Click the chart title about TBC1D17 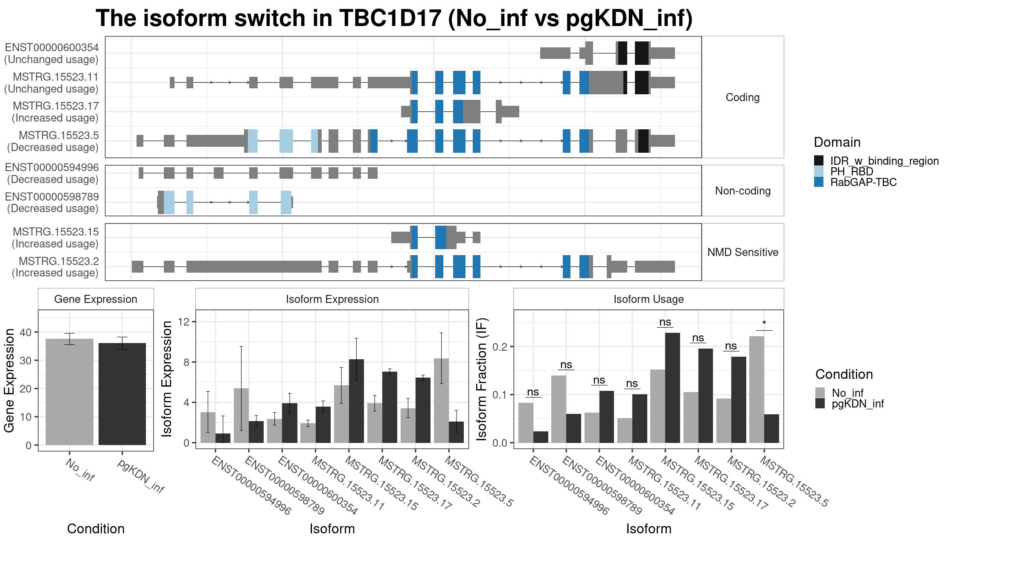point(394,19)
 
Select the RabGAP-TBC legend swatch point(819,182)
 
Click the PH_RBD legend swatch point(819,172)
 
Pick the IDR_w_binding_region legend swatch point(819,161)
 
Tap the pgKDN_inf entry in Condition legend point(820,404)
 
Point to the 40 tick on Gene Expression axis point(29,332)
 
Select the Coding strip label point(742,97)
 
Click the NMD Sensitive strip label point(742,252)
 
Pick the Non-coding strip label point(742,191)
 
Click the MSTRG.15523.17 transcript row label point(55,112)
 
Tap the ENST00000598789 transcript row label point(52,203)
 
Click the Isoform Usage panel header point(648,299)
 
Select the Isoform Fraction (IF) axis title point(482,379)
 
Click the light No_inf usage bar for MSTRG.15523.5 point(756,389)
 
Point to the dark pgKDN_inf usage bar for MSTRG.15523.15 point(672,387)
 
